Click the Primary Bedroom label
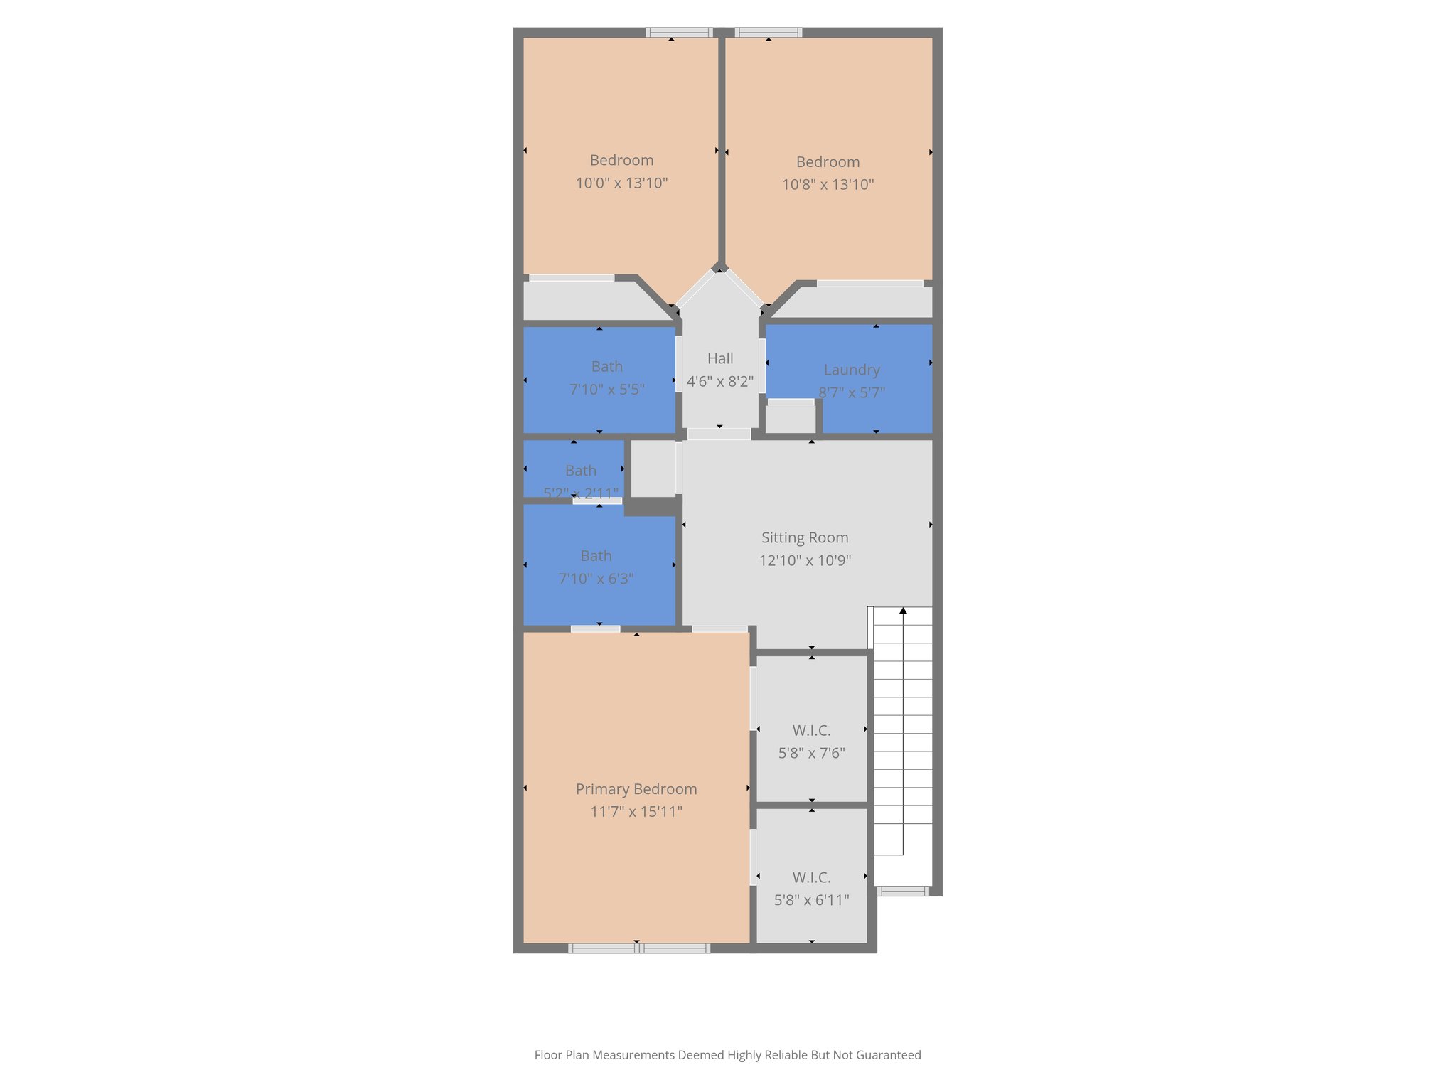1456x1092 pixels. [x=636, y=789]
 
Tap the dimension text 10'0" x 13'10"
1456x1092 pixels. [x=621, y=183]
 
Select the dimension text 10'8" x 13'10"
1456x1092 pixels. [x=828, y=185]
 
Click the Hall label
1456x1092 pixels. [x=719, y=359]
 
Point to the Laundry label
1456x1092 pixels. [x=851, y=370]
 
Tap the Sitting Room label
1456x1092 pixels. [x=804, y=538]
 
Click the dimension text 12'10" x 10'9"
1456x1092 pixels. [x=804, y=561]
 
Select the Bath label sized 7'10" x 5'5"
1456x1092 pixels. [x=606, y=367]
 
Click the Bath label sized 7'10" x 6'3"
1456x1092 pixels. [x=596, y=556]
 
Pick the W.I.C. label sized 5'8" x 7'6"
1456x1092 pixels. [x=811, y=731]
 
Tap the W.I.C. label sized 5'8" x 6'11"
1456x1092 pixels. [x=811, y=878]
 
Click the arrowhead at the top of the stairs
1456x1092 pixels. [x=903, y=611]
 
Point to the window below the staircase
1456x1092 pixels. [x=902, y=891]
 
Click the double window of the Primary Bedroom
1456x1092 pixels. [x=638, y=948]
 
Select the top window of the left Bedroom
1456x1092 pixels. [x=679, y=33]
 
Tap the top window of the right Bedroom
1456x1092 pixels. [x=768, y=33]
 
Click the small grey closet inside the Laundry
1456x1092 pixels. [x=790, y=418]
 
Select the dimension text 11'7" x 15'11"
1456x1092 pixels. [x=636, y=812]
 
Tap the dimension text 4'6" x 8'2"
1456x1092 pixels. [x=719, y=382]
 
